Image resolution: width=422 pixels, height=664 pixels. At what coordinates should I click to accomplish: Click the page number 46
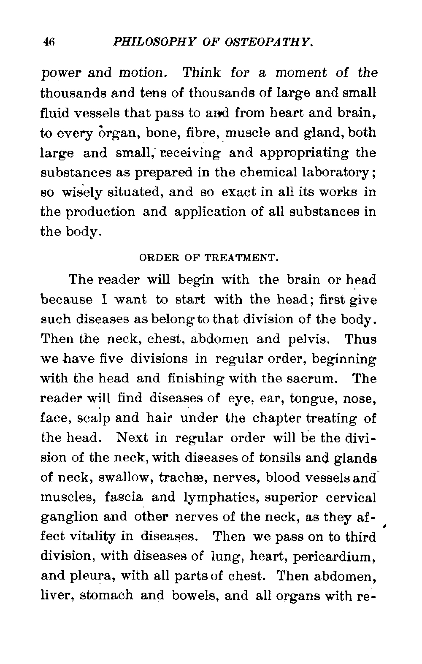point(49,42)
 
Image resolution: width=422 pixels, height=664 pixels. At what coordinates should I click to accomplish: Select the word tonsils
point(280,458)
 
